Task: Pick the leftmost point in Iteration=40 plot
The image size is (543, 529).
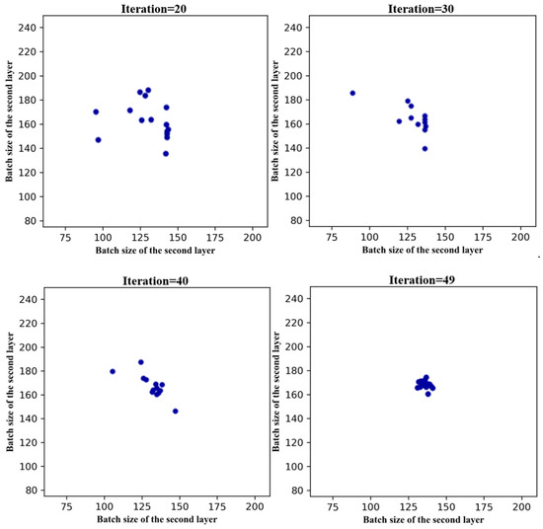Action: tap(113, 371)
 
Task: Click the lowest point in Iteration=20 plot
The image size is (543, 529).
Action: tap(138, 153)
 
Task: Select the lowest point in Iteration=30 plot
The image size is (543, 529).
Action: tap(425, 148)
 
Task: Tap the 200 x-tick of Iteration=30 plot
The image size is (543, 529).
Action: tap(519, 237)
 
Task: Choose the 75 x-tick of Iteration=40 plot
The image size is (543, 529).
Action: tap(65, 507)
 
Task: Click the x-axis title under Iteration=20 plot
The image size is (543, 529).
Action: tap(155, 251)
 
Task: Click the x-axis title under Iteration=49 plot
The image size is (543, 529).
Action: tap(422, 520)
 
